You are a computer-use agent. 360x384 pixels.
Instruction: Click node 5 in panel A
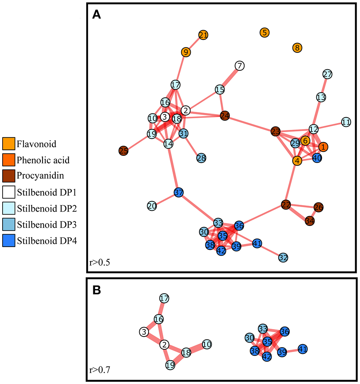(x=265, y=32)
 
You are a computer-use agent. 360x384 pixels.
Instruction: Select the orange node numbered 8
(x=297, y=48)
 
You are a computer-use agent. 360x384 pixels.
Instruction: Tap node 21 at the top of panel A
(x=203, y=35)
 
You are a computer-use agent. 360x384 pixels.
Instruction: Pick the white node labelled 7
(x=239, y=66)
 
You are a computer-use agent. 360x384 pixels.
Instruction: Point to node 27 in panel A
(x=328, y=74)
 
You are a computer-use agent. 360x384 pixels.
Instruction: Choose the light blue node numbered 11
(x=346, y=122)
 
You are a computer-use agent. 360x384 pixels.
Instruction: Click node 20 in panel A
(x=152, y=206)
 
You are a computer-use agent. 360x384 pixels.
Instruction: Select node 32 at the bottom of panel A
(x=284, y=258)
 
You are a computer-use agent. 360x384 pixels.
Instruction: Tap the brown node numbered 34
(x=310, y=221)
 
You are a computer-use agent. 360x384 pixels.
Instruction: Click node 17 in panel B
(x=164, y=299)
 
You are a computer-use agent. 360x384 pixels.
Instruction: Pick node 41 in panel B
(x=303, y=349)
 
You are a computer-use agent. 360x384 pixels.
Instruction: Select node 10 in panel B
(x=207, y=343)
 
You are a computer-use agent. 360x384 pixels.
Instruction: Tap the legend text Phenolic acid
(x=43, y=160)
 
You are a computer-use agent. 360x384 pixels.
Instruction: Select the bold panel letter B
(x=97, y=291)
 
